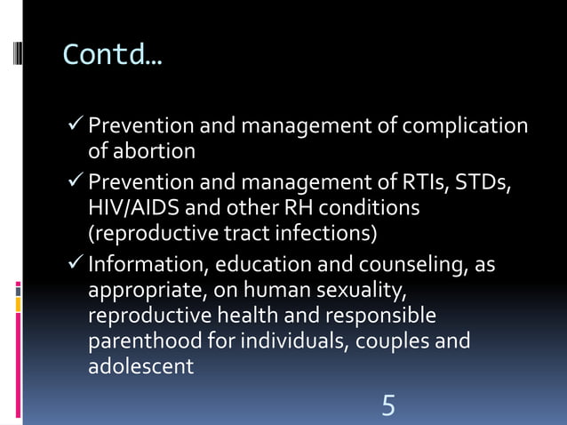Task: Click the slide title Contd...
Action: pos(113,55)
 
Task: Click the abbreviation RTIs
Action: pos(424,184)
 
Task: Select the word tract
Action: pos(234,233)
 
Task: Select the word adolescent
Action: pos(140,365)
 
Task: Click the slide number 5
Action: pos(388,406)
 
